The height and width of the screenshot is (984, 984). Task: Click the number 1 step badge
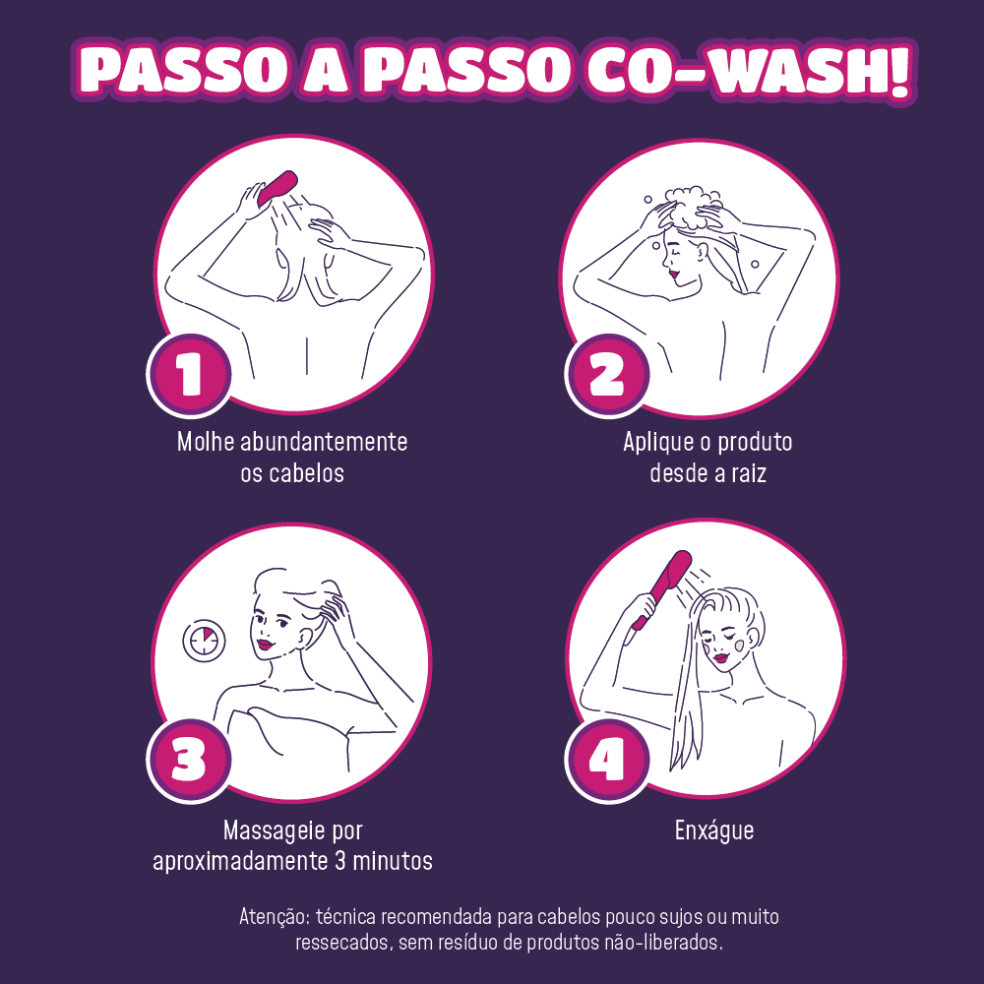tap(189, 375)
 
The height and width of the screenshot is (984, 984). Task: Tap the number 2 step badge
tap(607, 375)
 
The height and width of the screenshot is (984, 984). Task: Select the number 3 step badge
tap(189, 761)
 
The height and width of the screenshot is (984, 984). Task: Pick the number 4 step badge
tap(607, 761)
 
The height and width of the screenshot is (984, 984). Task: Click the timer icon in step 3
tap(204, 641)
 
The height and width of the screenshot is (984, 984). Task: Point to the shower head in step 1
tap(277, 188)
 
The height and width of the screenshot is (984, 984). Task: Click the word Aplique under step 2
tap(659, 443)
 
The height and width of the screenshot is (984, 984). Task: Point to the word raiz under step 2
tap(749, 472)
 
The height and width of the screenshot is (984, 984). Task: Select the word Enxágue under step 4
tap(714, 830)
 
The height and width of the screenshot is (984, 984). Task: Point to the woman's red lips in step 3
tap(266, 644)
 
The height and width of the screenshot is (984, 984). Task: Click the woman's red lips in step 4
tap(721, 657)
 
